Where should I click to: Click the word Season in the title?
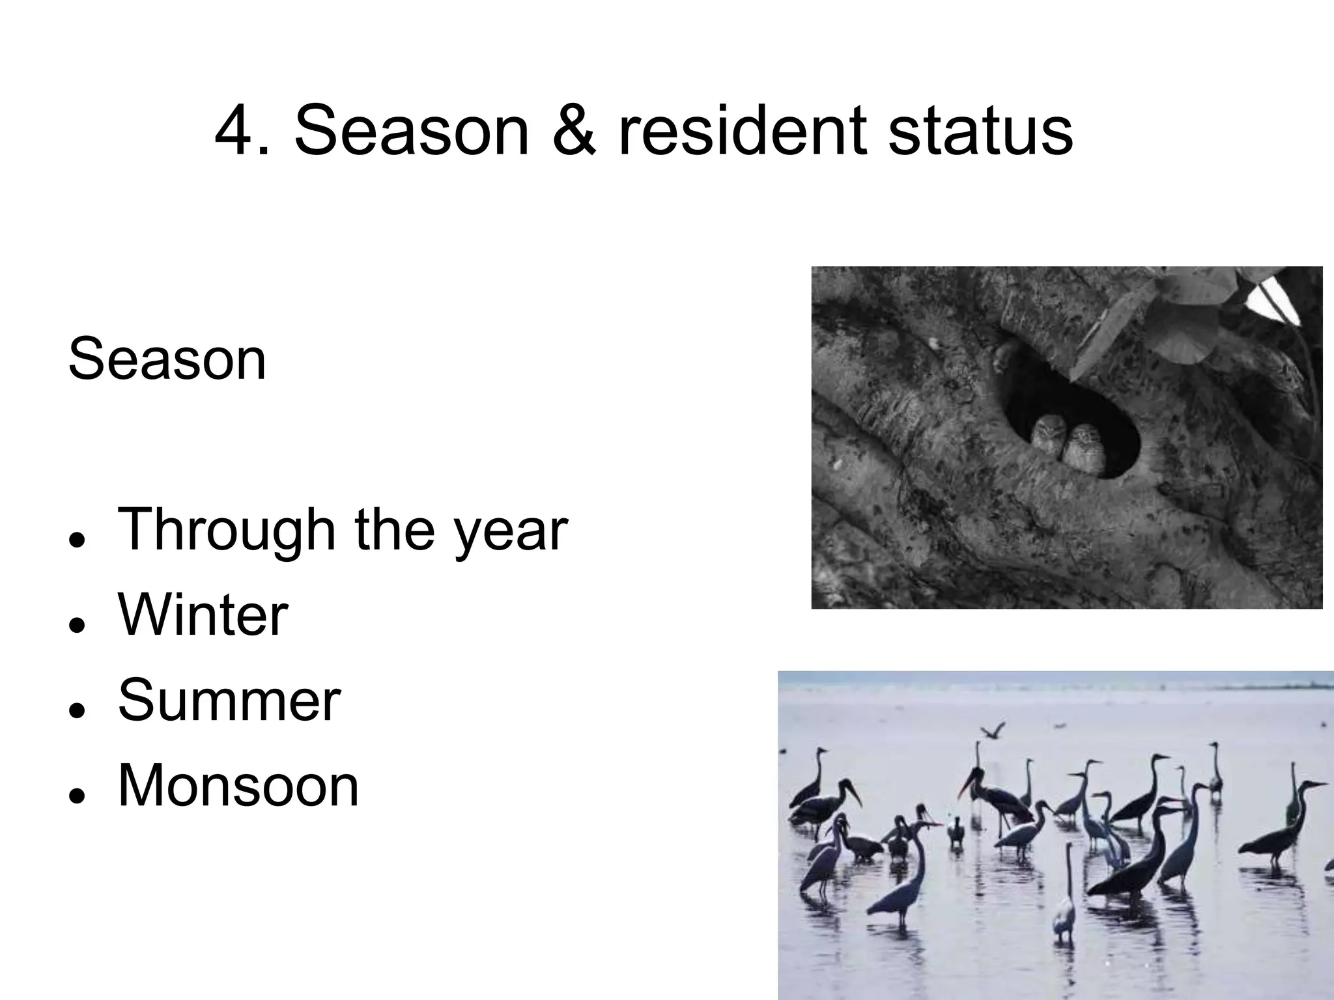[x=412, y=132]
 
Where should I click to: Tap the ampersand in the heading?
[x=573, y=132]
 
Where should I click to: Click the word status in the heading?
[x=980, y=132]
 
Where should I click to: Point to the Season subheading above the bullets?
[x=167, y=359]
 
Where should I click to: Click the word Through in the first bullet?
[x=225, y=531]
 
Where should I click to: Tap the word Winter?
[x=203, y=615]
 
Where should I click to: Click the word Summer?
[x=229, y=701]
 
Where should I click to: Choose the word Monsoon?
[x=238, y=786]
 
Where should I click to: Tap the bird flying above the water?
[x=992, y=730]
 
